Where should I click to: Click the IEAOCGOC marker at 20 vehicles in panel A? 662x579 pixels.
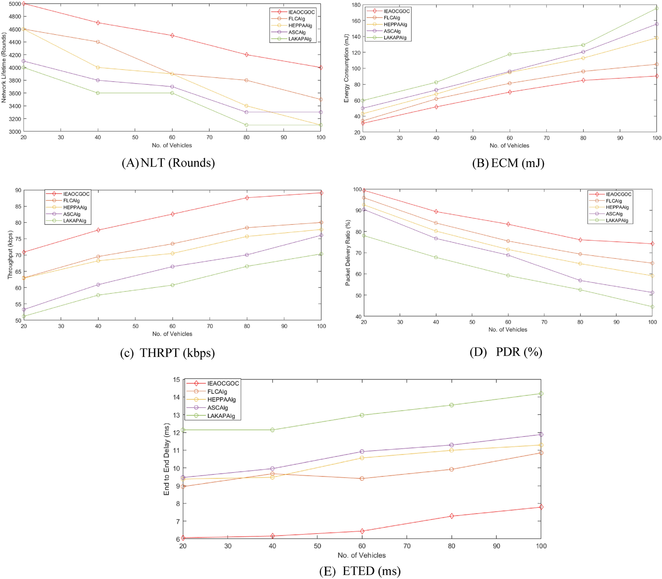pos(24,4)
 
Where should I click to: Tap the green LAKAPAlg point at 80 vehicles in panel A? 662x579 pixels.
pos(247,125)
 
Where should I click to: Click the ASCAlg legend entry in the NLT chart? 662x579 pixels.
pos(297,32)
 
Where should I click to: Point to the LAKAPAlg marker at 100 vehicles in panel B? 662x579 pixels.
pos(656,8)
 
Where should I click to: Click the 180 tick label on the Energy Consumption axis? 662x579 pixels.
pos(356,5)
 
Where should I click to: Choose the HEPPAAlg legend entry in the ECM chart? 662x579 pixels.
pos(395,24)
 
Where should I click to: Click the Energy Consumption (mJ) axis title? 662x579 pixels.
pos(346,68)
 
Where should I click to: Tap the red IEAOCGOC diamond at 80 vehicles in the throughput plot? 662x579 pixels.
pos(247,198)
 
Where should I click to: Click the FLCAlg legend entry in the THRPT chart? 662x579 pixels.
pos(71,200)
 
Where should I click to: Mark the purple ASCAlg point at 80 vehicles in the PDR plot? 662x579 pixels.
pos(580,280)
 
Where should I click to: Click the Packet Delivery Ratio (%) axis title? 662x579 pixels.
pos(348,253)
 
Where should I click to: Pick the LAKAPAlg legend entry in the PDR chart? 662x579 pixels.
pos(617,221)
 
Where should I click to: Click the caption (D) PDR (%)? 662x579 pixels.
pos(505,352)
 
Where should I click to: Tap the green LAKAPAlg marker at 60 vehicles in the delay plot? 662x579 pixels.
pos(362,415)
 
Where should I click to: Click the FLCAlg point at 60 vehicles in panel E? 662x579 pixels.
pos(362,478)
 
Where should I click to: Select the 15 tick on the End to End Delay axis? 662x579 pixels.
pos(177,380)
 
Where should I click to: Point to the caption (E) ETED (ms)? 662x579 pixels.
pos(360,571)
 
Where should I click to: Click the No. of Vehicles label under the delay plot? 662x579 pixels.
pos(361,555)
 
